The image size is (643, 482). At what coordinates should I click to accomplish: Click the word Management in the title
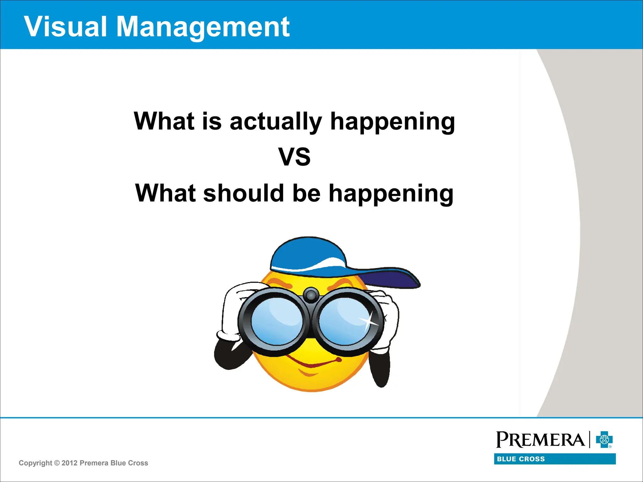click(x=203, y=27)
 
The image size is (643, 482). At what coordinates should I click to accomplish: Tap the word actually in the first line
click(x=276, y=121)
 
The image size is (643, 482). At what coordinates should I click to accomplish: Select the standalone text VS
click(x=294, y=157)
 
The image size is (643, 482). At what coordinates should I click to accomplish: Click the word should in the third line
click(x=244, y=193)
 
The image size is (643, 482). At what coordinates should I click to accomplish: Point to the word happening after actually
click(x=392, y=122)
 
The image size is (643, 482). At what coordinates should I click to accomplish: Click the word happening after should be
click(x=391, y=194)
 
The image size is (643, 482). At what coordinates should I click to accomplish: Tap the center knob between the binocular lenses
click(x=311, y=295)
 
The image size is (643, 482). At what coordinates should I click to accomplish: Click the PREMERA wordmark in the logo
click(x=540, y=440)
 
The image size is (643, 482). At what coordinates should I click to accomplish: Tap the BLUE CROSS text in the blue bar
click(x=521, y=459)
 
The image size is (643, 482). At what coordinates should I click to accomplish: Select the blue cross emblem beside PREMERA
click(x=604, y=440)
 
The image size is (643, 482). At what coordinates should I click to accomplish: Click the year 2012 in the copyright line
click(x=69, y=463)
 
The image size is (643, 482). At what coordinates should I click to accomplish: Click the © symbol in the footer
click(x=57, y=463)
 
